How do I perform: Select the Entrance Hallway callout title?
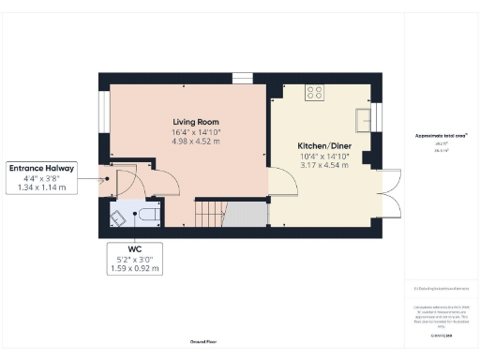42,169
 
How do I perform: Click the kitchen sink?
362,118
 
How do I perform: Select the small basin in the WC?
119,217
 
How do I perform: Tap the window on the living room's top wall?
242,79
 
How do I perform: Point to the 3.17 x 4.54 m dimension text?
323,165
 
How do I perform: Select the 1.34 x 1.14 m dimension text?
42,187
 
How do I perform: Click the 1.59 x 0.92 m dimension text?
135,269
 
